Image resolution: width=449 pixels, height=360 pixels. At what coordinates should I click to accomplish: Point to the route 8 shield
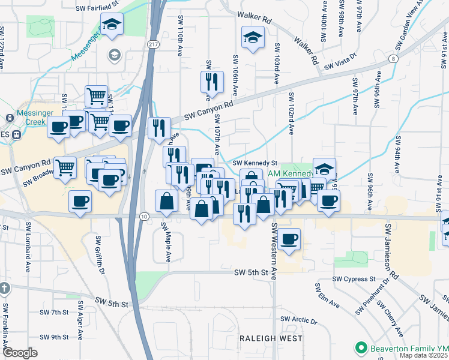coord(393,59)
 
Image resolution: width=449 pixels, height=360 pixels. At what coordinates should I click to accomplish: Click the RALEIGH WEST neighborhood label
coord(271,338)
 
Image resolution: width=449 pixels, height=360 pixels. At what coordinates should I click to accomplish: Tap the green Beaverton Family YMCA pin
coord(361,347)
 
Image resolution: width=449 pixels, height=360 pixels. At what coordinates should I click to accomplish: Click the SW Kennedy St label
coord(255,163)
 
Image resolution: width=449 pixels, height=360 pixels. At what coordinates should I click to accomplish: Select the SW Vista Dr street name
coord(340,66)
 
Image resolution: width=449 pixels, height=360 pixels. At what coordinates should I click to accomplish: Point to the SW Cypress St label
coord(355,279)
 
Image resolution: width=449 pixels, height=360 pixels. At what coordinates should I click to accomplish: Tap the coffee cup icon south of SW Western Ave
coord(289,239)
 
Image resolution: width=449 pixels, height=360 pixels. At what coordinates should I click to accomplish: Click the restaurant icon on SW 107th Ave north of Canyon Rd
coord(211,81)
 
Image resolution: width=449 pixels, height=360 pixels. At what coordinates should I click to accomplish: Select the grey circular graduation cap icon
coord(113,55)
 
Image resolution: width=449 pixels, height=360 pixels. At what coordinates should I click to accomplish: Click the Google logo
coord(20,353)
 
